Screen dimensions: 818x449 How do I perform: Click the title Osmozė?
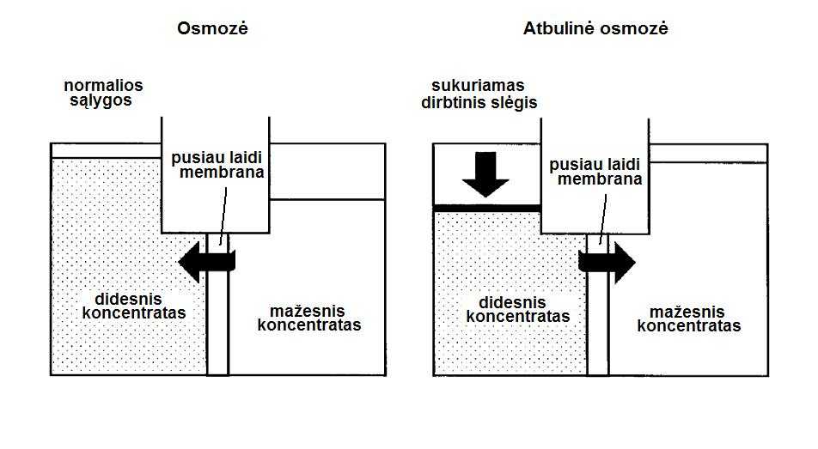click(212, 28)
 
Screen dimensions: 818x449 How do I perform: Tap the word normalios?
click(103, 85)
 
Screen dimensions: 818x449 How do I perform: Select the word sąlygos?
click(101, 100)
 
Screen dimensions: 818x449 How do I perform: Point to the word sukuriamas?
click(478, 86)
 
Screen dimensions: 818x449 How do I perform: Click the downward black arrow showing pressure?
click(485, 174)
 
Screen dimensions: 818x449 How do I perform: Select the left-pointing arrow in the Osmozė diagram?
click(207, 261)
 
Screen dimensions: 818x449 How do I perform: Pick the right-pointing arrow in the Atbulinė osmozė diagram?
click(607, 263)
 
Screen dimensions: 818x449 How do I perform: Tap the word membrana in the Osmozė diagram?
click(223, 172)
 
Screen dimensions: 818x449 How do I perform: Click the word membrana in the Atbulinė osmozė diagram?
click(600, 179)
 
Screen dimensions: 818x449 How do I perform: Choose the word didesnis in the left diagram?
click(128, 300)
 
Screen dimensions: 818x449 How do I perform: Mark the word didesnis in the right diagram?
click(512, 302)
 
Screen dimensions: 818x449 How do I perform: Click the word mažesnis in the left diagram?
click(308, 312)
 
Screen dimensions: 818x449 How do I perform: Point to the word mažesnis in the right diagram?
click(687, 312)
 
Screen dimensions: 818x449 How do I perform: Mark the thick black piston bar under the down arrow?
click(486, 209)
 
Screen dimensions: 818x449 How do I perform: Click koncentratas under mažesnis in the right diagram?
click(689, 326)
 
